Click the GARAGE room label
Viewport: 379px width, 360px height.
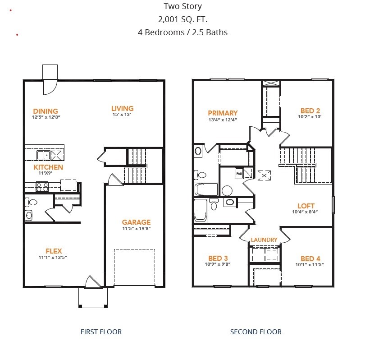[x=136, y=222]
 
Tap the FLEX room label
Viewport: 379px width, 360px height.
[x=54, y=251]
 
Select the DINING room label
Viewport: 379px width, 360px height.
[x=46, y=111]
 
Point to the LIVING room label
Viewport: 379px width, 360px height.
[x=123, y=108]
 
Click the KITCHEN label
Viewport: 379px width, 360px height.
[x=48, y=167]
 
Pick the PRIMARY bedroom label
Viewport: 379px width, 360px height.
[x=223, y=113]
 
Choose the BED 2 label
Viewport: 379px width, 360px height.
[x=310, y=111]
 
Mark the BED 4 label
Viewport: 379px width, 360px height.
[x=310, y=258]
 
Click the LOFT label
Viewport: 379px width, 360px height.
[x=306, y=206]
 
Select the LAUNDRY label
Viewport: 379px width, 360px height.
[x=264, y=240]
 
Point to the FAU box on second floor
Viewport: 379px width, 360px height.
[x=239, y=172]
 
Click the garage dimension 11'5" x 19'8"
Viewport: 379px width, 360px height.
[x=136, y=228]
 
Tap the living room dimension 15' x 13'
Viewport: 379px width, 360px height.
[x=123, y=115]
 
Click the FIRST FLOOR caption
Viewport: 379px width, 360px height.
[x=101, y=332]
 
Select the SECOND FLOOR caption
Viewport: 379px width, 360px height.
[x=256, y=332]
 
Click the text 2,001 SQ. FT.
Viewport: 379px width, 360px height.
[x=183, y=19]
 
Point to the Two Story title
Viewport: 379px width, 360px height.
[x=183, y=6]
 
